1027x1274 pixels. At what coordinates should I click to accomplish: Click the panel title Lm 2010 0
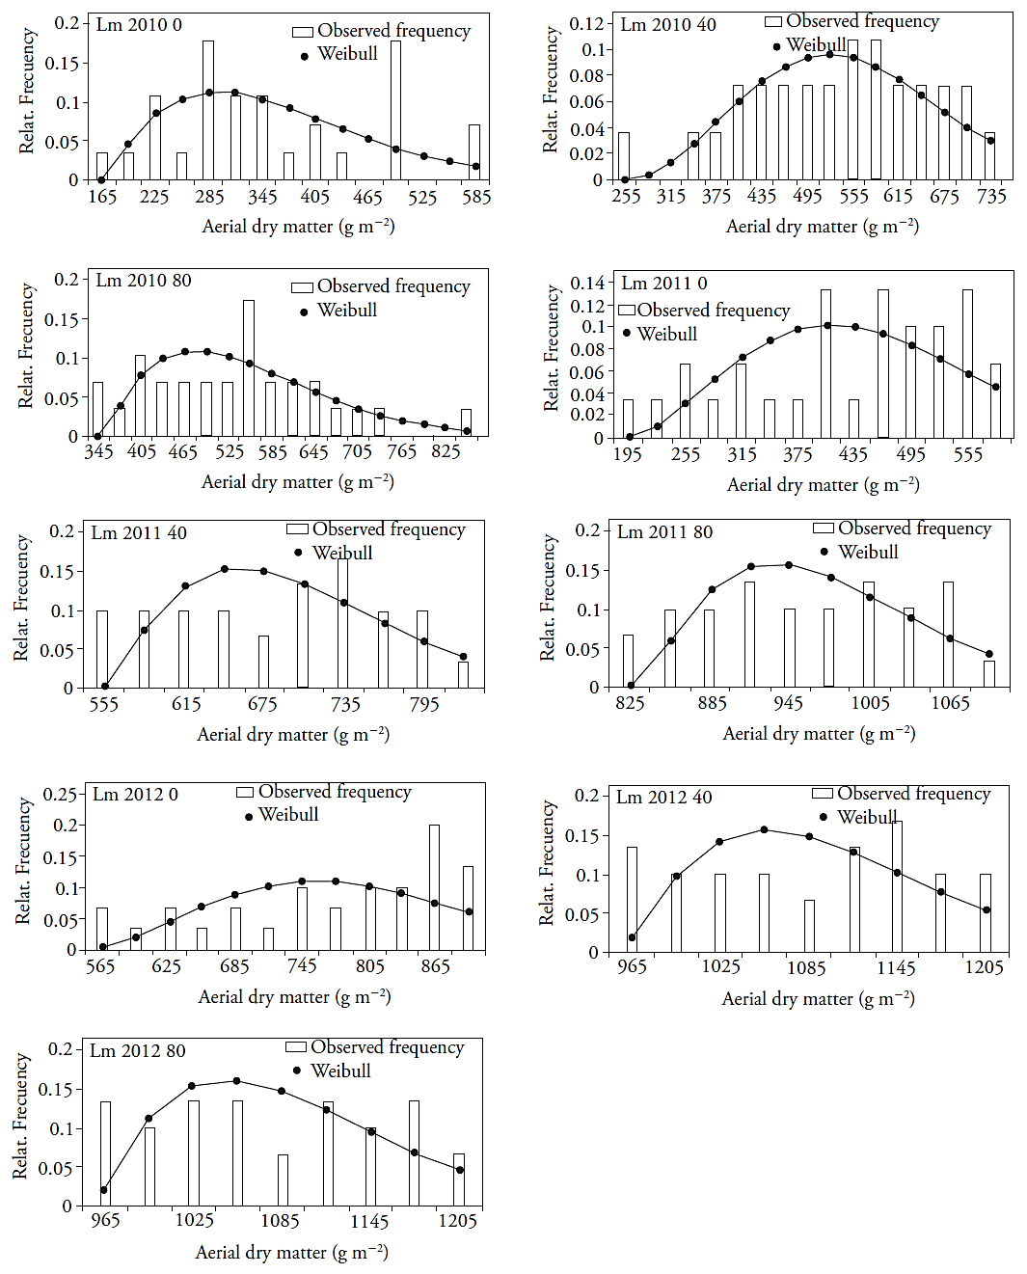[x=139, y=25]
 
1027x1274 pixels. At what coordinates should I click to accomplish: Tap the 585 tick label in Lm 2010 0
[x=476, y=198]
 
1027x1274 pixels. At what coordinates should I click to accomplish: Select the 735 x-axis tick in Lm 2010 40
[x=991, y=197]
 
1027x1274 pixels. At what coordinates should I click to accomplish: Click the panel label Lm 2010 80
[x=144, y=281]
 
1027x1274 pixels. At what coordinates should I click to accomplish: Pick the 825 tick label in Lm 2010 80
[x=446, y=451]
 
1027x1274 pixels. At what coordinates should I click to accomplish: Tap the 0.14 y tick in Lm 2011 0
[x=587, y=284]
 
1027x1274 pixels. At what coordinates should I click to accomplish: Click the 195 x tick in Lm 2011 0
[x=628, y=454]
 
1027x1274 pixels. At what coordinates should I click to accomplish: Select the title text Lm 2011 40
[x=139, y=533]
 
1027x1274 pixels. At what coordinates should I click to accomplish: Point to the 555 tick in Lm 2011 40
[x=103, y=704]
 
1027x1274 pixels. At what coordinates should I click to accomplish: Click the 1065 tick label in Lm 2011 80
[x=950, y=703]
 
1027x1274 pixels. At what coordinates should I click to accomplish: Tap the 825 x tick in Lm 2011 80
[x=630, y=703]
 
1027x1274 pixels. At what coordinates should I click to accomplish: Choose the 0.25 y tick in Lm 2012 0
[x=61, y=795]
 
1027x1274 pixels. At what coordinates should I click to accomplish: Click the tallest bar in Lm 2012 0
[x=434, y=887]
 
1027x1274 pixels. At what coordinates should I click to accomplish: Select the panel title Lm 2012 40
[x=664, y=798]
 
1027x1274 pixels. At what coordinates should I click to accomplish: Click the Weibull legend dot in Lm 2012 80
[x=297, y=1071]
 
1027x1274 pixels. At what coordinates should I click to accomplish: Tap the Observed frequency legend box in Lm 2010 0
[x=303, y=32]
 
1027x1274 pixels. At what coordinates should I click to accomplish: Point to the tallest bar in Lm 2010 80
[x=249, y=368]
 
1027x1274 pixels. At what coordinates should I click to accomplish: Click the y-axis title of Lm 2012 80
[x=20, y=1115]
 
